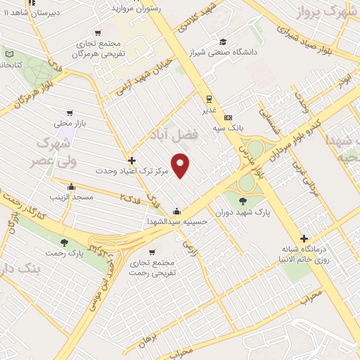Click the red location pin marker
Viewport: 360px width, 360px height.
click(x=181, y=165)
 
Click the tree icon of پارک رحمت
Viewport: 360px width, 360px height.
click(x=64, y=243)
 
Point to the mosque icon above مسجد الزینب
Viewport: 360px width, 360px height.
click(x=71, y=186)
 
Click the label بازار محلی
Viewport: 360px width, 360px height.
click(x=70, y=123)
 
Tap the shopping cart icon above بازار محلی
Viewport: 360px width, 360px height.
click(x=70, y=112)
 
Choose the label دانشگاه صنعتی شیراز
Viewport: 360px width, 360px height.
click(x=223, y=52)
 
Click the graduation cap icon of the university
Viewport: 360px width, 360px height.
click(x=223, y=41)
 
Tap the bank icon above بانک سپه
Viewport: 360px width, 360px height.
click(x=227, y=117)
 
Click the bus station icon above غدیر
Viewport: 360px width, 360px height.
click(x=209, y=99)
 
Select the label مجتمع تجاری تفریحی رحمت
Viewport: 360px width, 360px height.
click(x=153, y=268)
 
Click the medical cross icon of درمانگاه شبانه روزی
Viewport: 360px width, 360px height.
click(x=304, y=238)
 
